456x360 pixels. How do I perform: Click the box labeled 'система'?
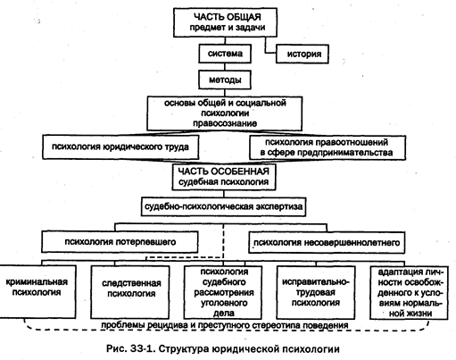[225, 54]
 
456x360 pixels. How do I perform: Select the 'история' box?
[303, 54]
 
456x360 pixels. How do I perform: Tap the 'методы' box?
[225, 80]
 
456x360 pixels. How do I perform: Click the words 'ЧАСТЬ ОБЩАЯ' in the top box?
[228, 17]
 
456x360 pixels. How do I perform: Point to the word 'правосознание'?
[225, 123]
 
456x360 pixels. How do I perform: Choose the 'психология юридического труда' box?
[120, 147]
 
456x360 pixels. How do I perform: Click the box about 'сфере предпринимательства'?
[327, 147]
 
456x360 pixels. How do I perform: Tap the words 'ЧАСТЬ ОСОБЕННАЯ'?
[224, 172]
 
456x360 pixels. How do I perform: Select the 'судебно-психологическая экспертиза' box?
[223, 206]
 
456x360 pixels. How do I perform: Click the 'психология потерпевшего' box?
[120, 242]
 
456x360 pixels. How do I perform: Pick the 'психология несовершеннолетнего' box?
[327, 243]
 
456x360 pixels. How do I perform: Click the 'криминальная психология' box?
[37, 292]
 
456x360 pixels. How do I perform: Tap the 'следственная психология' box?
[130, 292]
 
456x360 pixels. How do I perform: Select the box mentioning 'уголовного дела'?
[223, 292]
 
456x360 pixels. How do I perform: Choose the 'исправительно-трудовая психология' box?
[316, 292]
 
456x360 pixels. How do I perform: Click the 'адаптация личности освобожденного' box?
[409, 293]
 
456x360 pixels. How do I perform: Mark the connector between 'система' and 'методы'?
[225, 67]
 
